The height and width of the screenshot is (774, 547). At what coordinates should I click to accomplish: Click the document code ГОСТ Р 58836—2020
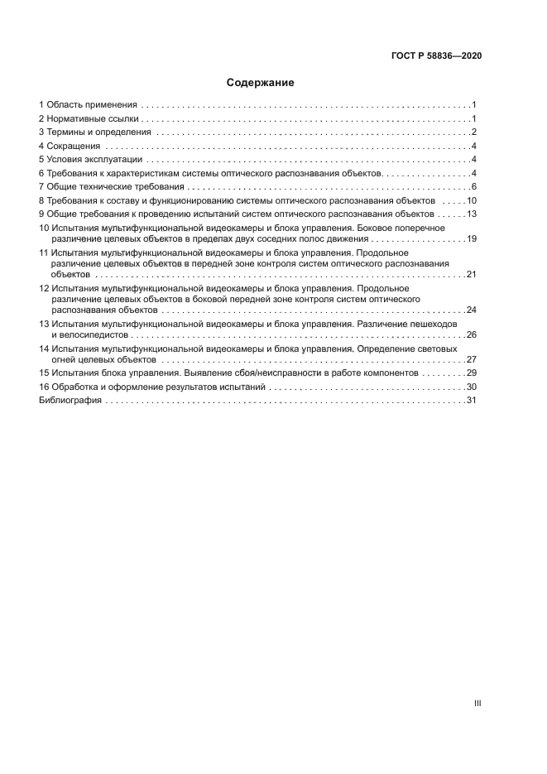click(436, 55)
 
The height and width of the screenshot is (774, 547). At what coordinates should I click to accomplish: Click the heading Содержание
click(260, 83)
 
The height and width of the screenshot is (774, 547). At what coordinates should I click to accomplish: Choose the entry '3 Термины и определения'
click(94, 132)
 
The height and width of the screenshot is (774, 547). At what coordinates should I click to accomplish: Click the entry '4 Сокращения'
click(69, 147)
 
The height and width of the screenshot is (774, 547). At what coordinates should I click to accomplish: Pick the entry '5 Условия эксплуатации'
click(91, 160)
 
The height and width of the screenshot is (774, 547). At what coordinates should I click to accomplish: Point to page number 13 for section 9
click(472, 214)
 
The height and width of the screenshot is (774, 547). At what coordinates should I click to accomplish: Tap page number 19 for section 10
click(472, 238)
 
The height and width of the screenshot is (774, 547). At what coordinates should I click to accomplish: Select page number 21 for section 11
click(472, 273)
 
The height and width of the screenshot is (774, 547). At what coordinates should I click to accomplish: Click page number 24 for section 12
click(472, 309)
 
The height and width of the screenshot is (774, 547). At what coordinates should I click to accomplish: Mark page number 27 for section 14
click(472, 359)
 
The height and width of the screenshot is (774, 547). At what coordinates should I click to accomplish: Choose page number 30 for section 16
click(472, 387)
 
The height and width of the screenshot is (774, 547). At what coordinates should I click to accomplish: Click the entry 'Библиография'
click(70, 400)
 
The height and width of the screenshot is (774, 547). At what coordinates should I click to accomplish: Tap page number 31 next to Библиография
click(472, 400)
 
